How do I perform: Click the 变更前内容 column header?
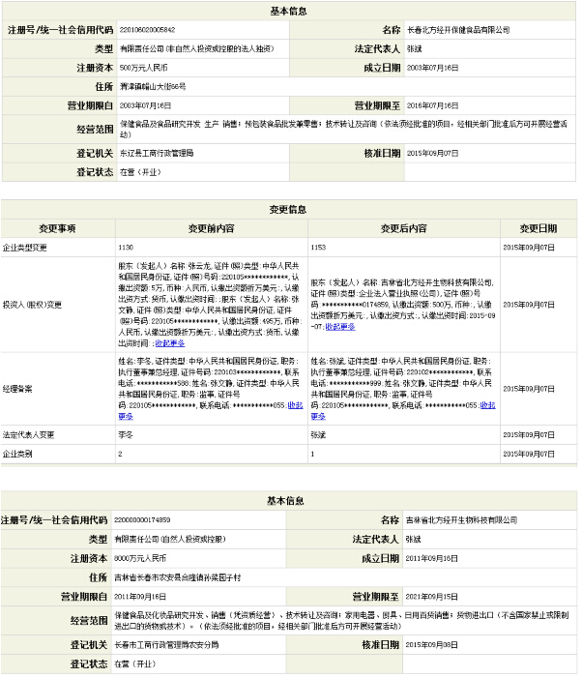[x=212, y=228]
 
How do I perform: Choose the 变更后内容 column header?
[x=403, y=228]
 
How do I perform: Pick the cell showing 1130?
[x=126, y=247]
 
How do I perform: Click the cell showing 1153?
[x=318, y=247]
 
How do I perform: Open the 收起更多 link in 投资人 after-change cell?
[x=339, y=326]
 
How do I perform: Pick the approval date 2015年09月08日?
[x=431, y=643]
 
